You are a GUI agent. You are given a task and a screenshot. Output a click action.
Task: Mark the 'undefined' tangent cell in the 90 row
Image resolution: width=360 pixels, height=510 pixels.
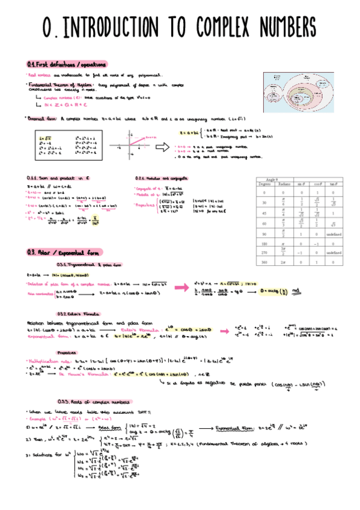(x=334, y=234)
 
